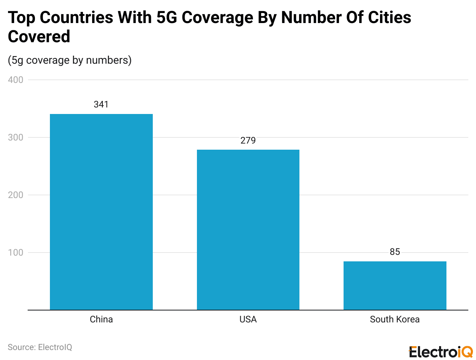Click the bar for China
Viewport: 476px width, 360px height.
(101, 212)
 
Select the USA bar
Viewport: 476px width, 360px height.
(248, 230)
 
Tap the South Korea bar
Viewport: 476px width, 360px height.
(395, 286)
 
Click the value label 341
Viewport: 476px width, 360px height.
(101, 104)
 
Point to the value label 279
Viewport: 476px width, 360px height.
(248, 140)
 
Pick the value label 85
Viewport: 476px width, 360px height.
(395, 252)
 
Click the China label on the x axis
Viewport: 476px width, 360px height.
(101, 319)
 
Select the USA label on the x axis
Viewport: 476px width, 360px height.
(248, 319)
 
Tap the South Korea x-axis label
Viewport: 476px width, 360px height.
(395, 319)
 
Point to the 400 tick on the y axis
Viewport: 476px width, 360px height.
(15, 80)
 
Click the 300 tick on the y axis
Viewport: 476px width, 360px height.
(15, 137)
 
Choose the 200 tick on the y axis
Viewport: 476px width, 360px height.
(15, 195)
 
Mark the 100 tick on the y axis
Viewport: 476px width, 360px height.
(15, 253)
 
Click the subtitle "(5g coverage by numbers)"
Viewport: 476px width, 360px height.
(69, 60)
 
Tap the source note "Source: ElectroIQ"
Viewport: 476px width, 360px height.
(40, 347)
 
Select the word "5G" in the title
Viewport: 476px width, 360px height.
(167, 18)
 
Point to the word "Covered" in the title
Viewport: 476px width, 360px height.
(39, 37)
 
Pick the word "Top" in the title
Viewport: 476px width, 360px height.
(21, 18)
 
